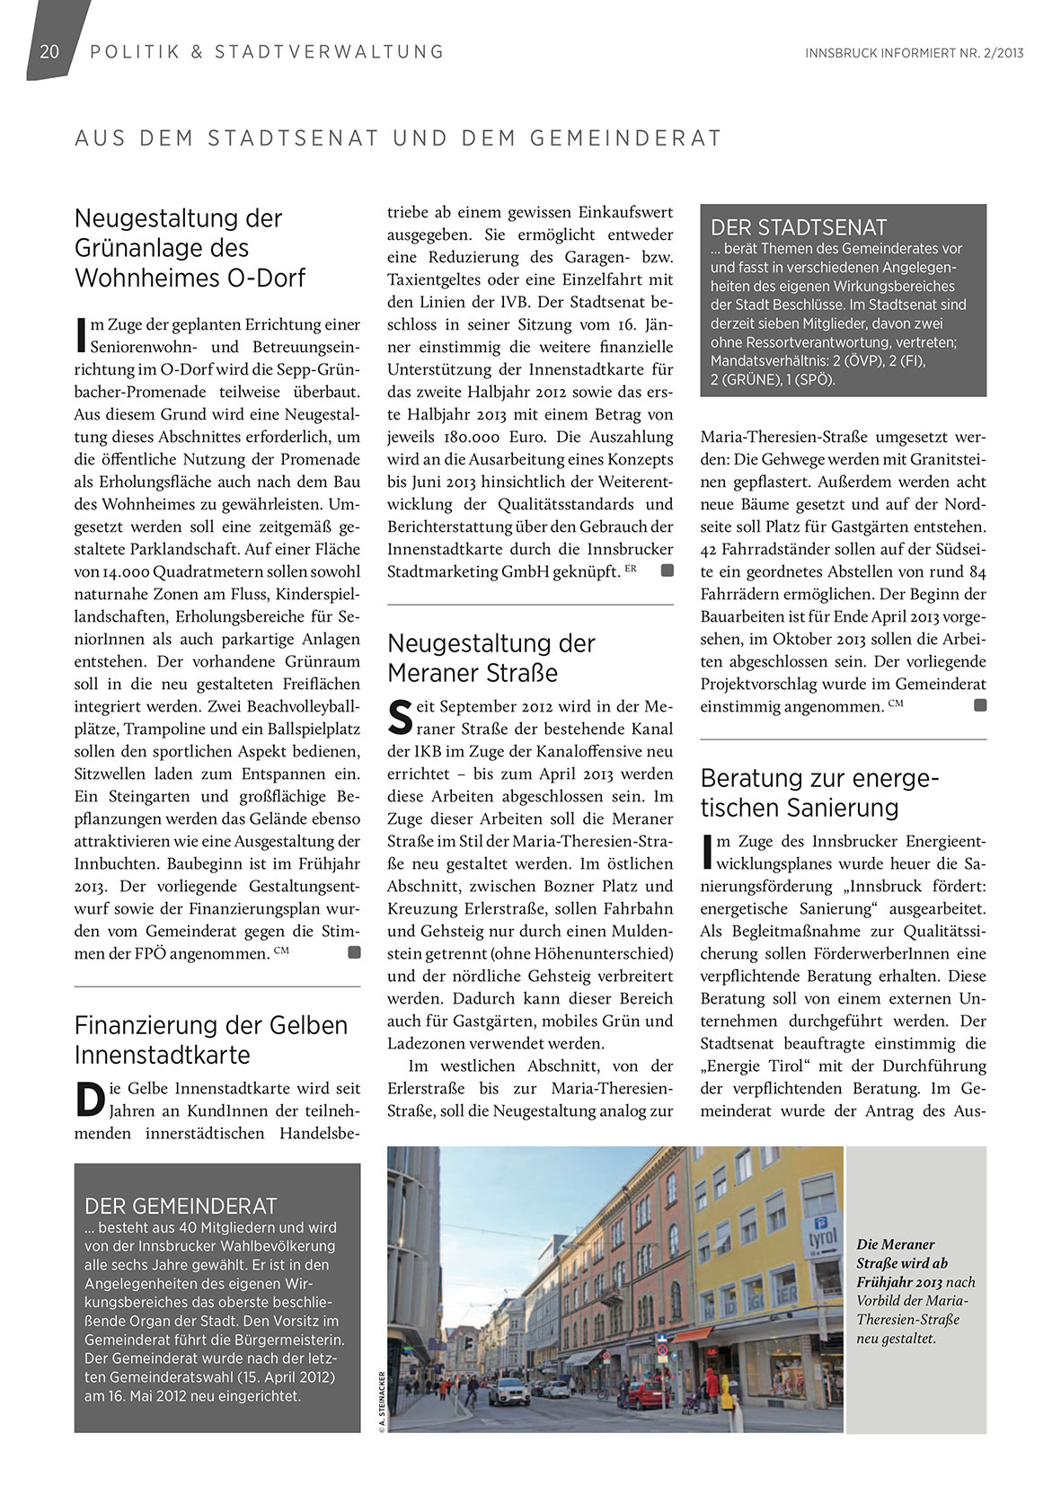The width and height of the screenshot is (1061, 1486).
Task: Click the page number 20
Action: coord(49,51)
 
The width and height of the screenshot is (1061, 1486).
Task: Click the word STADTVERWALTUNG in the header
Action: coord(329,52)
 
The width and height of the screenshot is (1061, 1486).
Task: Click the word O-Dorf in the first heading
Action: coord(267,278)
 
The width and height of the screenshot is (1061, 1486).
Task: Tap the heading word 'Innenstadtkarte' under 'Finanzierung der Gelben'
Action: coord(163,1055)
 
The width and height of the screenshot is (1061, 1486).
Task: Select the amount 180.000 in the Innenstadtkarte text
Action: coord(463,438)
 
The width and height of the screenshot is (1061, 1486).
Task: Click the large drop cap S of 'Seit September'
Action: coord(400,717)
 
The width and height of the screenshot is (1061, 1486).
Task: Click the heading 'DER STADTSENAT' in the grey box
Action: coord(799,227)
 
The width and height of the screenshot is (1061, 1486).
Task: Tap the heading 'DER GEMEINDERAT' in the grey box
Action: coord(181,1206)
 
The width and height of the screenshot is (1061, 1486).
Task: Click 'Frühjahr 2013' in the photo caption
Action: coord(899,1282)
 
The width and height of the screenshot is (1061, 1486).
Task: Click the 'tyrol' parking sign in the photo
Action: coord(822,1238)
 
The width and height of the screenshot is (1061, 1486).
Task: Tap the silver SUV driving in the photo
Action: coord(508,1391)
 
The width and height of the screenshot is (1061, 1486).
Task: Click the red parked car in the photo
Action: coord(642,1394)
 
